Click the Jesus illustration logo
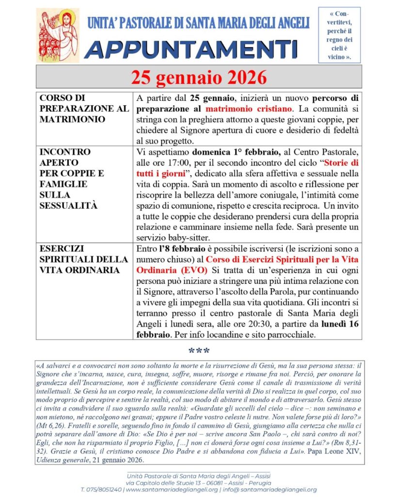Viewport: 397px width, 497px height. pyautogui.click(x=57, y=35)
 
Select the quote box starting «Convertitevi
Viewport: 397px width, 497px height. pyautogui.click(x=339, y=35)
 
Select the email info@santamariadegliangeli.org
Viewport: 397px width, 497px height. pyautogui.click(x=277, y=490)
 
